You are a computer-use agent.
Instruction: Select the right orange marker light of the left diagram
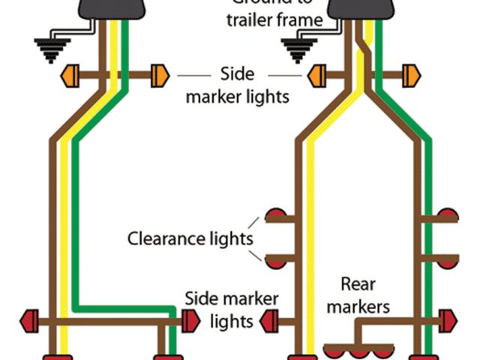pos(160,76)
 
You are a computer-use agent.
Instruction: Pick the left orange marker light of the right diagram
pos(314,76)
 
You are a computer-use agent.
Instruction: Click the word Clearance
pos(165,239)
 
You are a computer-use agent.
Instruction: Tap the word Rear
pos(358,284)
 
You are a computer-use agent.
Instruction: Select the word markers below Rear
pos(364,306)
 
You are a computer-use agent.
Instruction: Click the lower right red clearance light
pos(448,261)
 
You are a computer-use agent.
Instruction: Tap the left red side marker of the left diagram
pos(32,321)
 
